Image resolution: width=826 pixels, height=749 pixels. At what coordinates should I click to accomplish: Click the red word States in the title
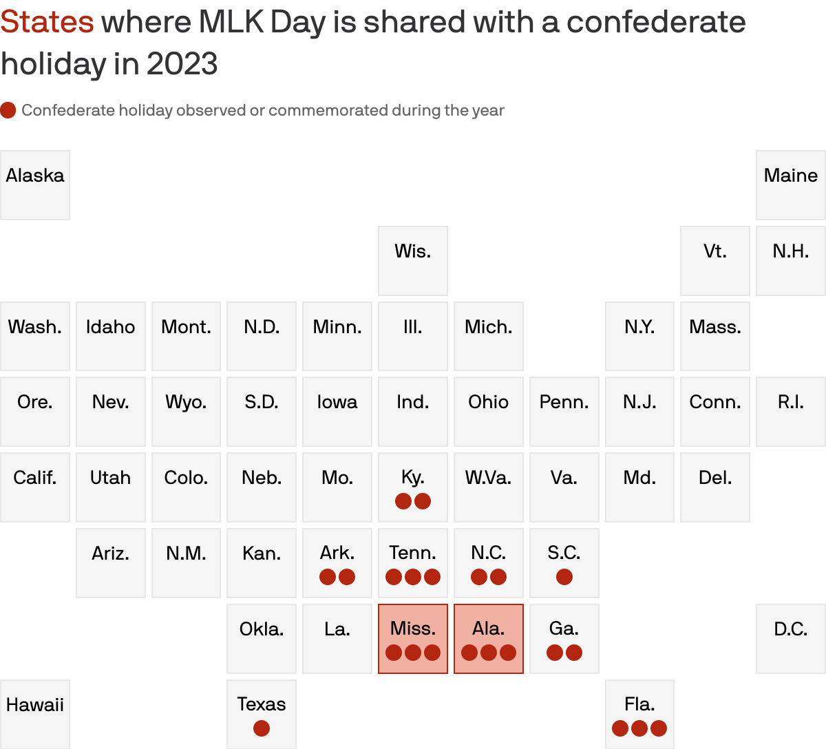pyautogui.click(x=47, y=22)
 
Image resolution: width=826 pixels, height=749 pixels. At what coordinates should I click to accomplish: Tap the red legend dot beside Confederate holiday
pyautogui.click(x=8, y=110)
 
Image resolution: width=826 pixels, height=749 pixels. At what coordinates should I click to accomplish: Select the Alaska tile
pyautogui.click(x=35, y=185)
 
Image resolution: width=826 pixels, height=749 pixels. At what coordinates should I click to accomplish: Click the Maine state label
pyautogui.click(x=791, y=176)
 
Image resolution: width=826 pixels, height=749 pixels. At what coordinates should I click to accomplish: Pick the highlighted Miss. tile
pyautogui.click(x=413, y=638)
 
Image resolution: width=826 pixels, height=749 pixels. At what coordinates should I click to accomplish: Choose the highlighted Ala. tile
pyautogui.click(x=489, y=638)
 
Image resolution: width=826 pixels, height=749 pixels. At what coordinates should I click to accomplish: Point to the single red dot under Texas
pyautogui.click(x=262, y=728)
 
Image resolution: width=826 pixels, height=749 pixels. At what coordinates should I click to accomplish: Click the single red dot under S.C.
pyautogui.click(x=564, y=577)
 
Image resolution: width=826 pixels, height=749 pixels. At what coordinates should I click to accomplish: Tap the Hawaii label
pyautogui.click(x=35, y=704)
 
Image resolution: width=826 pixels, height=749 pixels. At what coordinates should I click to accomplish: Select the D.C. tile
pyautogui.click(x=791, y=638)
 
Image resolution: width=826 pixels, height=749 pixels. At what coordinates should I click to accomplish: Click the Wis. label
pyautogui.click(x=413, y=251)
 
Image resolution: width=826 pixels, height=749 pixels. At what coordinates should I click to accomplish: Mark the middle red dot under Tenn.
pyautogui.click(x=413, y=577)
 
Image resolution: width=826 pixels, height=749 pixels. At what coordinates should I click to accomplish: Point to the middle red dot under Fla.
pyautogui.click(x=639, y=728)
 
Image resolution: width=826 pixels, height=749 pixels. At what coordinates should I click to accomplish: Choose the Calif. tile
pyautogui.click(x=35, y=487)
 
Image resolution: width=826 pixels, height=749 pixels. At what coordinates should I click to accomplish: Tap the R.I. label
pyautogui.click(x=791, y=402)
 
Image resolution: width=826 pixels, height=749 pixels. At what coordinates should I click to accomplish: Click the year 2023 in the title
pyautogui.click(x=182, y=64)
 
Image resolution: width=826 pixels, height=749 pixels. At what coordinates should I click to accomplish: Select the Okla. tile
pyautogui.click(x=262, y=638)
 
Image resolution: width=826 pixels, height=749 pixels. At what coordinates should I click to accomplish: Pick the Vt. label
pyautogui.click(x=715, y=251)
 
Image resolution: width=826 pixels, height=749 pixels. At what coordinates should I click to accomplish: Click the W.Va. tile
pyautogui.click(x=489, y=487)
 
